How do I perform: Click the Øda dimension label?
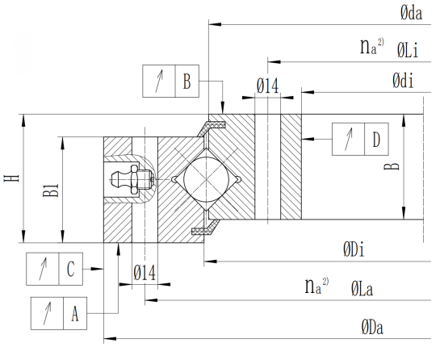click(411, 14)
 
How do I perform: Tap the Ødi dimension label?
click(403, 81)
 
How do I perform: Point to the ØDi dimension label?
click(354, 250)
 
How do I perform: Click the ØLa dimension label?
click(362, 289)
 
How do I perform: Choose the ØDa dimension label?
click(372, 328)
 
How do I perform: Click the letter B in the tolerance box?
click(187, 82)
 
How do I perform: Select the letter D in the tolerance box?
click(376, 140)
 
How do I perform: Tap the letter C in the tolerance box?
click(71, 269)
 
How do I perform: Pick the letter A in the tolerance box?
click(75, 313)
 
